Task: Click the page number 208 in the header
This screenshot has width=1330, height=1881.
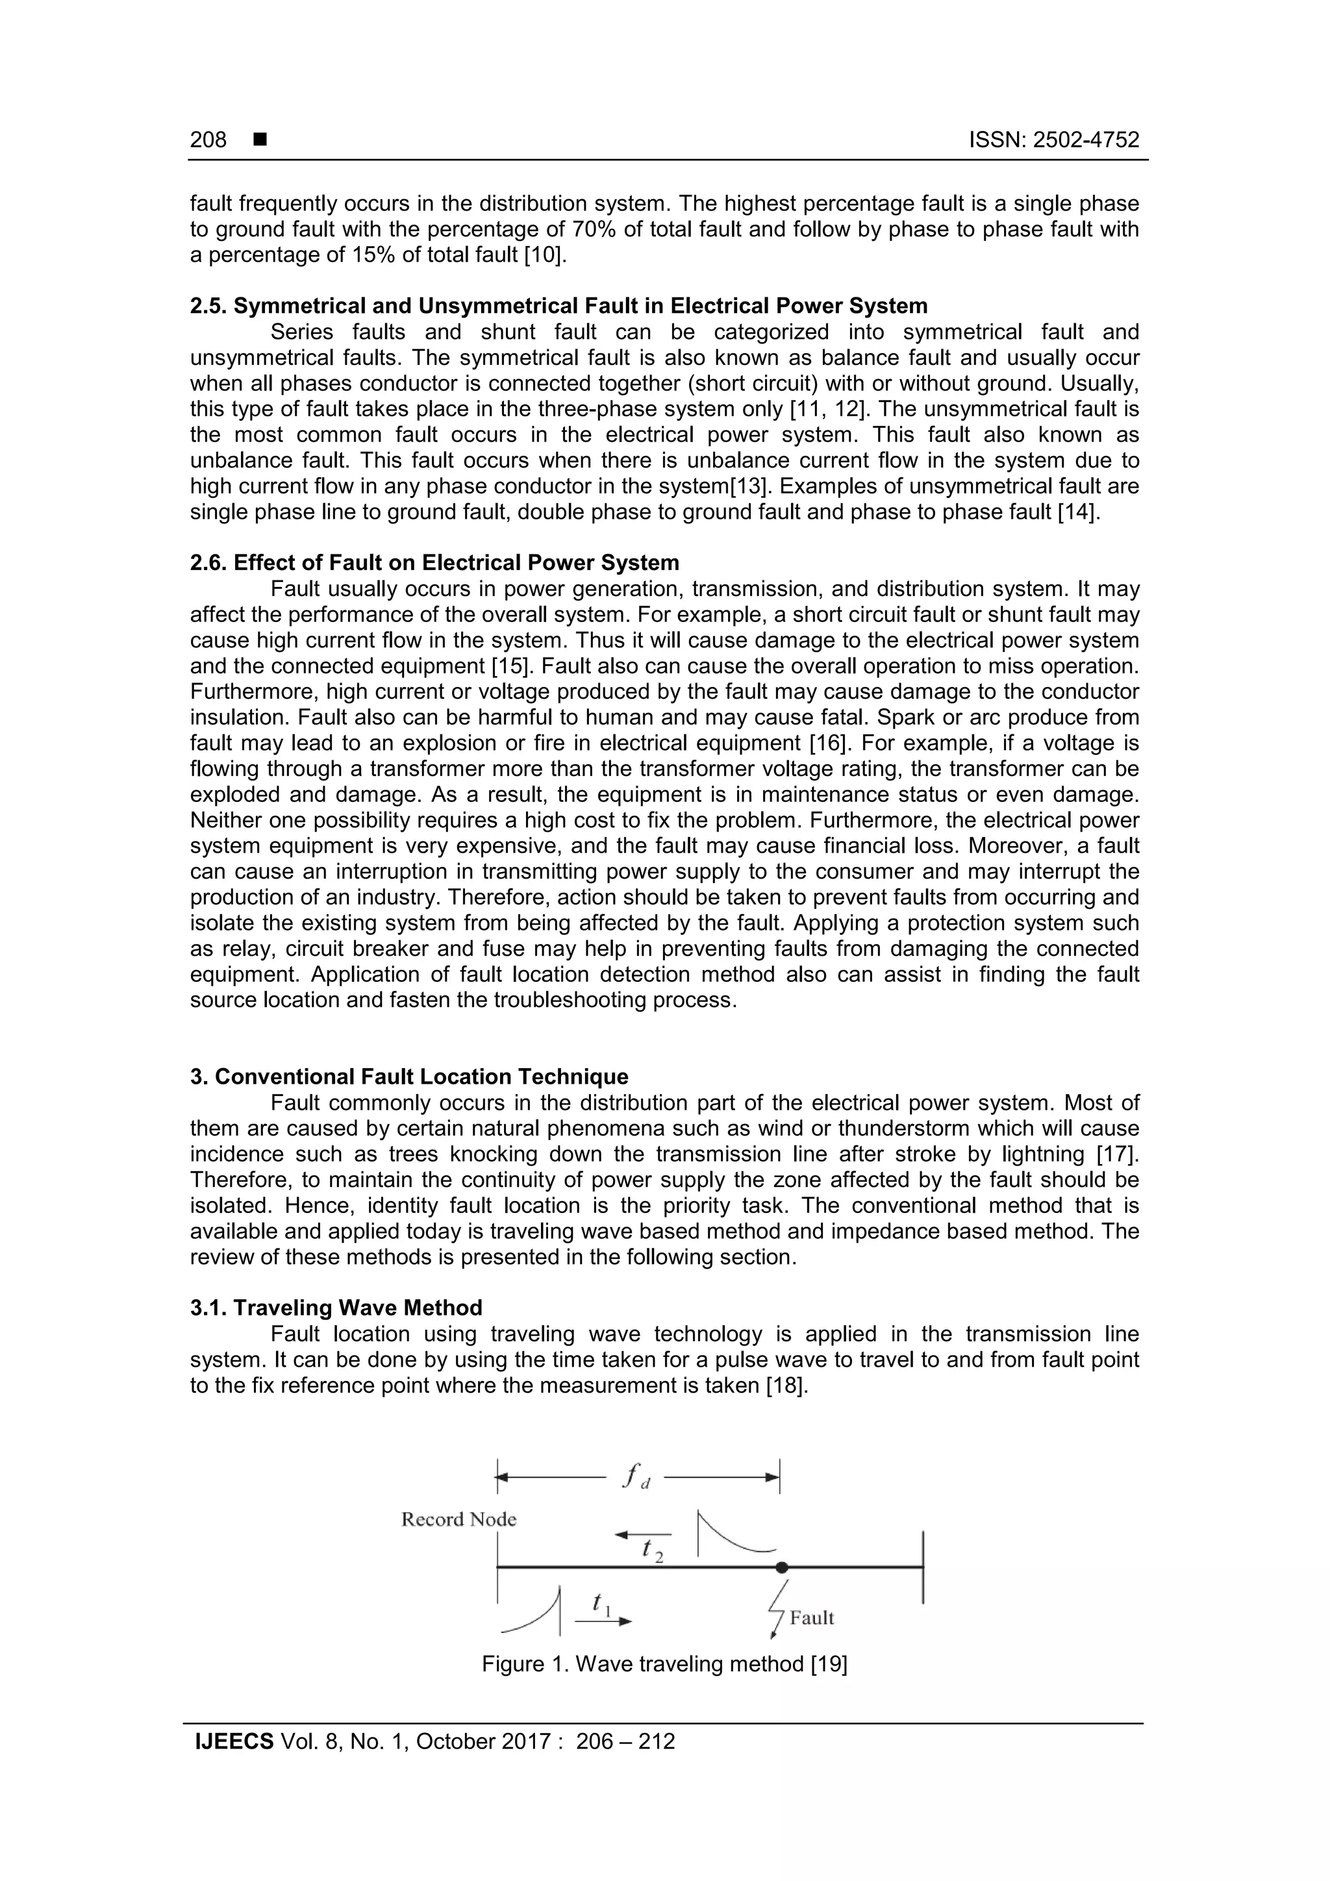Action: click(x=208, y=140)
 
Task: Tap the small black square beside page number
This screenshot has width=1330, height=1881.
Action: click(x=260, y=140)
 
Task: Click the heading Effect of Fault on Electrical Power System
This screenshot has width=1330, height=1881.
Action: click(x=434, y=563)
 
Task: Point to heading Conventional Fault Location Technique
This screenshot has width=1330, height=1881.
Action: click(x=409, y=1077)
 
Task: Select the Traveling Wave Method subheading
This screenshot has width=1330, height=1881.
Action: click(x=336, y=1308)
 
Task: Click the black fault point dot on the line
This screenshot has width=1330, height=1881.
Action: click(x=782, y=1567)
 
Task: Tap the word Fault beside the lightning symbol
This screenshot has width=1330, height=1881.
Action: click(x=811, y=1617)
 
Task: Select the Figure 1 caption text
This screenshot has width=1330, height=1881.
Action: click(x=664, y=1664)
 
